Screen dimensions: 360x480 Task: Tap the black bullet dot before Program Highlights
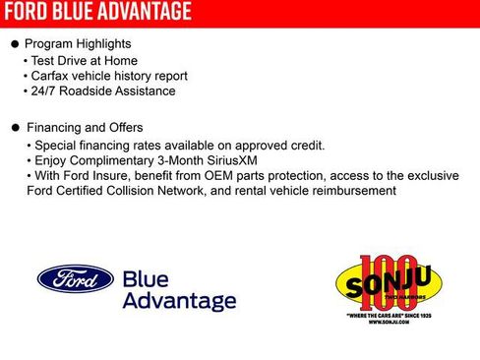pyautogui.click(x=14, y=44)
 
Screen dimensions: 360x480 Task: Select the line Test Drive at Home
pyautogui.click(x=76, y=60)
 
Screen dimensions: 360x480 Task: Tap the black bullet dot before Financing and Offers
pyautogui.click(x=14, y=128)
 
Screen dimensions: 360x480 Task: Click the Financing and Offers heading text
pyautogui.click(x=85, y=128)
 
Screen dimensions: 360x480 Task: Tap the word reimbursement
pyautogui.click(x=349, y=191)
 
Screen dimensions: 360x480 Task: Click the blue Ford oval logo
pyautogui.click(x=75, y=278)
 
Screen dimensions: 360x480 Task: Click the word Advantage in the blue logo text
pyautogui.click(x=178, y=300)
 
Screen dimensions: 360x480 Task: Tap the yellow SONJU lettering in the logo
pyautogui.click(x=388, y=287)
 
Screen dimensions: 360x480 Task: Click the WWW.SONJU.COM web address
pyautogui.click(x=388, y=322)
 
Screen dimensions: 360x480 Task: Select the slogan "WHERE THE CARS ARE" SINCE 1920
pyautogui.click(x=388, y=315)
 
